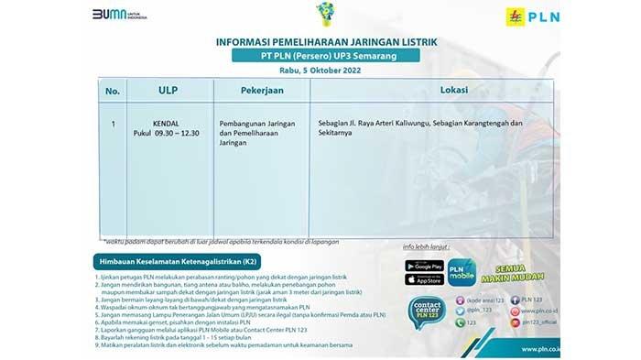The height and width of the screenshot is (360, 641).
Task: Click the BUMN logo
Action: coord(119,16)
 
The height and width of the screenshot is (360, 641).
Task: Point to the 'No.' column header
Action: coord(113,92)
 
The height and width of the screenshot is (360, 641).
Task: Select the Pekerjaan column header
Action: coord(260,92)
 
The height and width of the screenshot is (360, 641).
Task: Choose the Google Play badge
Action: coord(424,266)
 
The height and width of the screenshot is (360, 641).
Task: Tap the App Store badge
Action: coord(424,279)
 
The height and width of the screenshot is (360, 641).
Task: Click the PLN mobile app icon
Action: coord(462,271)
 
